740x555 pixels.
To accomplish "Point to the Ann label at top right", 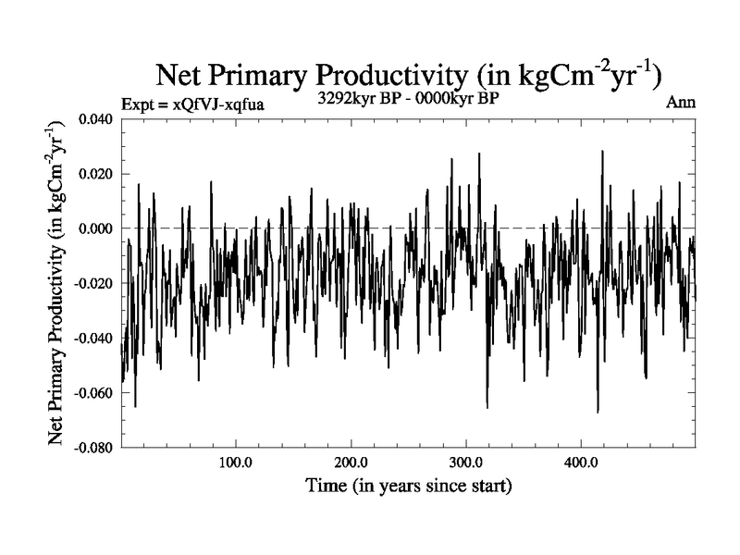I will (681, 104).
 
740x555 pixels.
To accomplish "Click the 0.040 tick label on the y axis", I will (95, 119).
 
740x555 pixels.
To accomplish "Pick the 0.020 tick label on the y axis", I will (95, 174).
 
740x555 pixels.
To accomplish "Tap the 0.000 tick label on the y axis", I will (95, 228).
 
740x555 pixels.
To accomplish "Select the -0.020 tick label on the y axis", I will (93, 283).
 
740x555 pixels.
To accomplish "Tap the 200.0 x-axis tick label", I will (351, 463).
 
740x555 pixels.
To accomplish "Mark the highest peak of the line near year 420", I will (602, 151).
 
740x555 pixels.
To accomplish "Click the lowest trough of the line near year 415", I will (598, 412).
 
